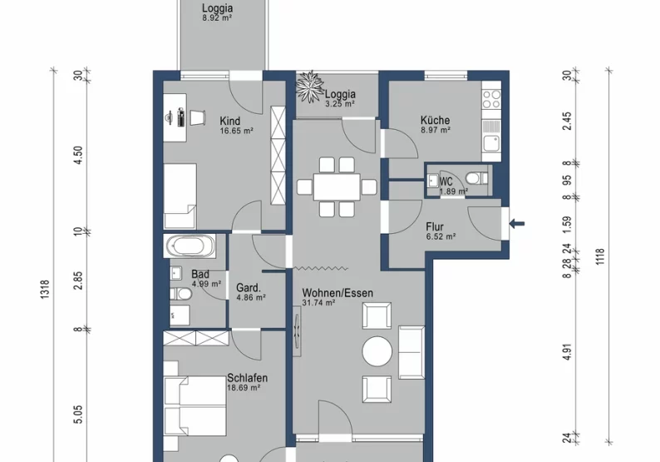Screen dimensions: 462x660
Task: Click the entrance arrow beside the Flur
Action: (x=517, y=222)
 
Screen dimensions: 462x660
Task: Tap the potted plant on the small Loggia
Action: (x=310, y=87)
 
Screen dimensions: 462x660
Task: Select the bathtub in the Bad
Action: (x=190, y=246)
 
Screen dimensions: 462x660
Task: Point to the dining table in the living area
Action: (x=337, y=185)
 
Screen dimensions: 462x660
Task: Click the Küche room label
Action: (x=435, y=119)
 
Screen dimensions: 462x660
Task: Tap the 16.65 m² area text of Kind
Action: (x=236, y=131)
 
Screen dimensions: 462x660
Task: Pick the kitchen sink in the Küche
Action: (x=492, y=144)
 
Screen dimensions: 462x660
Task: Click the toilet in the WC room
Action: (x=476, y=177)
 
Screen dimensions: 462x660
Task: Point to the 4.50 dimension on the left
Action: (x=78, y=156)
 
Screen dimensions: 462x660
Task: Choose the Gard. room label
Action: (x=250, y=286)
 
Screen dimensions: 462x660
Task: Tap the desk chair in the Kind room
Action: (x=198, y=117)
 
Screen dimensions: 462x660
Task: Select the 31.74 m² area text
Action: (x=318, y=303)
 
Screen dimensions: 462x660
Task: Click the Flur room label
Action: (x=435, y=226)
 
